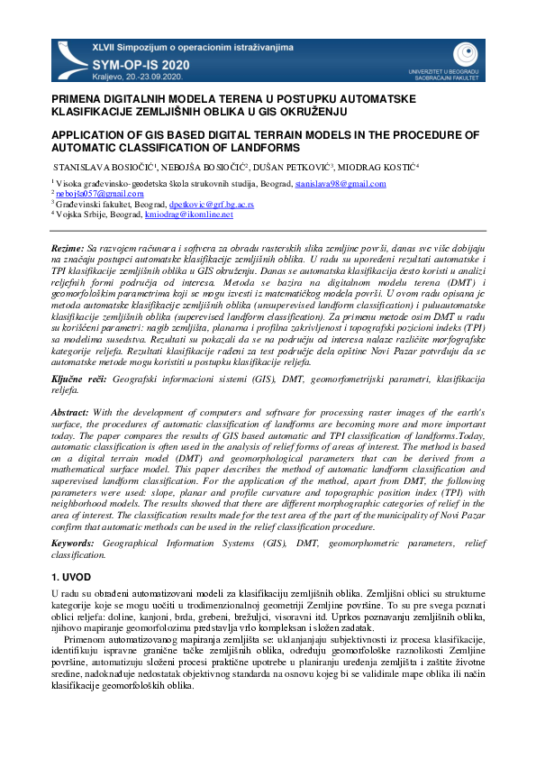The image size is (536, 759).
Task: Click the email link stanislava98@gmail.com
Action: [341, 184]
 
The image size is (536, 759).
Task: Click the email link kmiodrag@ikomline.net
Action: [189, 215]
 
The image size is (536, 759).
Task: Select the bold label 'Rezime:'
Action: [68, 246]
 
